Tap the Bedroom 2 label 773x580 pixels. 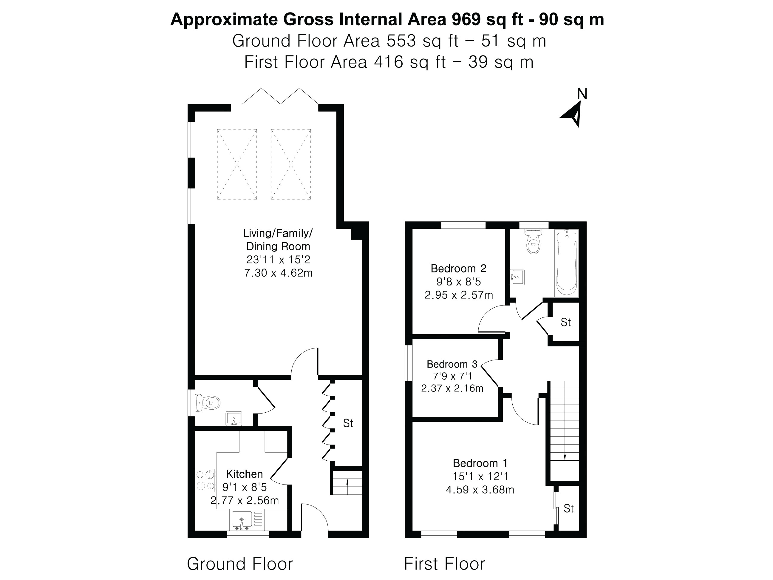pos(458,269)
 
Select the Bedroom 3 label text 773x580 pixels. pos(452,364)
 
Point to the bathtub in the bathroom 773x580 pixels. pos(566,264)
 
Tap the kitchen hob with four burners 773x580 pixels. pos(205,480)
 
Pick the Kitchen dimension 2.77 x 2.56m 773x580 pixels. pos(245,501)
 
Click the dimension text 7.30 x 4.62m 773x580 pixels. pos(278,273)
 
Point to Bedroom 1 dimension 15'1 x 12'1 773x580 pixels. pos(480,476)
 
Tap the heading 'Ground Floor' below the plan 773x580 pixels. pos(240,564)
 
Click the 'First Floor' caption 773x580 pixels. pos(445,564)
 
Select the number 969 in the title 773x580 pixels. pos(466,19)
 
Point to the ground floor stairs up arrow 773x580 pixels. pos(347,482)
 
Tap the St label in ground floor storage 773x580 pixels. pos(348,423)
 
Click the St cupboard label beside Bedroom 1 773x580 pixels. pos(569,508)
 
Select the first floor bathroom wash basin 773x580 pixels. pos(517,277)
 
